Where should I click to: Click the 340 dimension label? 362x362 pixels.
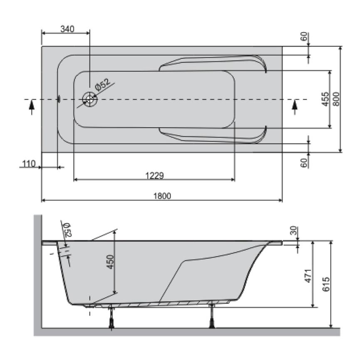[67, 29]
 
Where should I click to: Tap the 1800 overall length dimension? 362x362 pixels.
[162, 196]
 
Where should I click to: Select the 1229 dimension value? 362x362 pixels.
[154, 176]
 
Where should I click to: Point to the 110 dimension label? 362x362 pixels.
[29, 164]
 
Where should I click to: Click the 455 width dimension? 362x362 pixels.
[325, 99]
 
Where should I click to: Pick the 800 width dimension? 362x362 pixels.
[336, 99]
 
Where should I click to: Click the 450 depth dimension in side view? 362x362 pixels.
[111, 262]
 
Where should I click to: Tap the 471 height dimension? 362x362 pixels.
[308, 276]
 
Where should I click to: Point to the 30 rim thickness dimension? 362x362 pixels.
[294, 231]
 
